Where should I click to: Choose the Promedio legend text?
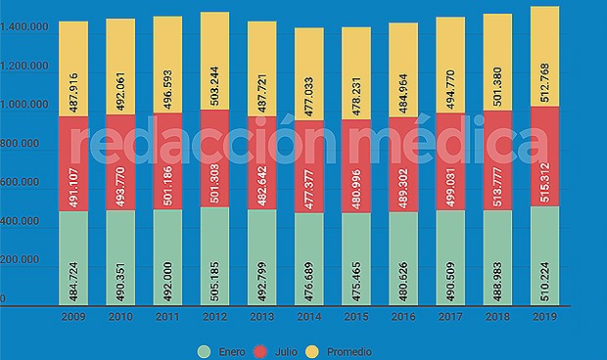350,350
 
